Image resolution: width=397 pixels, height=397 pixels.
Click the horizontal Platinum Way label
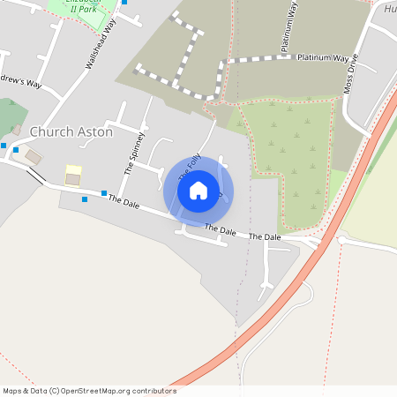[x=323, y=58]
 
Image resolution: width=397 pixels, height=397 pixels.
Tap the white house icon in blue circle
[x=198, y=190]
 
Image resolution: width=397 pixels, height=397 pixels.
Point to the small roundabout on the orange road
[x=341, y=239]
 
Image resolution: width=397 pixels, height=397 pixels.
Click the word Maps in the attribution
[x=14, y=391]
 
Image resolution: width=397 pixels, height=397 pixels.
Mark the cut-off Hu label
[x=390, y=9]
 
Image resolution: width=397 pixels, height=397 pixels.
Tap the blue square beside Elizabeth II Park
[x=124, y=2]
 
